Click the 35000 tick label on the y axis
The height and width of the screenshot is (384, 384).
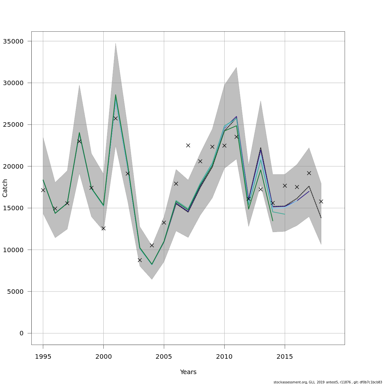13,41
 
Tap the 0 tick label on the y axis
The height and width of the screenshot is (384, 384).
21,333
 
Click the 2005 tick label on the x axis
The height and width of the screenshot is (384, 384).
164,356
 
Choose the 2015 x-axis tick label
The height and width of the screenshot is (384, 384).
284,356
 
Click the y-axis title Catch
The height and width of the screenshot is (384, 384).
5,188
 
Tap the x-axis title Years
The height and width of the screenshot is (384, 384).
188,372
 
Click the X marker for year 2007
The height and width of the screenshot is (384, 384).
188,145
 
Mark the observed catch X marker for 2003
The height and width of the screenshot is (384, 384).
140,260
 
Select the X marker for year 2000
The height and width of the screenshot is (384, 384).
103,228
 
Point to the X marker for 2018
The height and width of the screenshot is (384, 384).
321,201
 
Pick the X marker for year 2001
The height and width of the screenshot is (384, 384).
116,118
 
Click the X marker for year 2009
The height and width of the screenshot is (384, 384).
212,147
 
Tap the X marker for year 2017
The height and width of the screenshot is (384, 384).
309,173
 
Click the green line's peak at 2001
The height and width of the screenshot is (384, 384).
116,94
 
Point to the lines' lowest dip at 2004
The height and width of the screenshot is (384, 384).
152,264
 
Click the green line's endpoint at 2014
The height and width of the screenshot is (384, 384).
273,220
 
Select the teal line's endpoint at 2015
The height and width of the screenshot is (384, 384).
284,214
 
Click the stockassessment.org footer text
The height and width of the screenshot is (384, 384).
328,382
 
